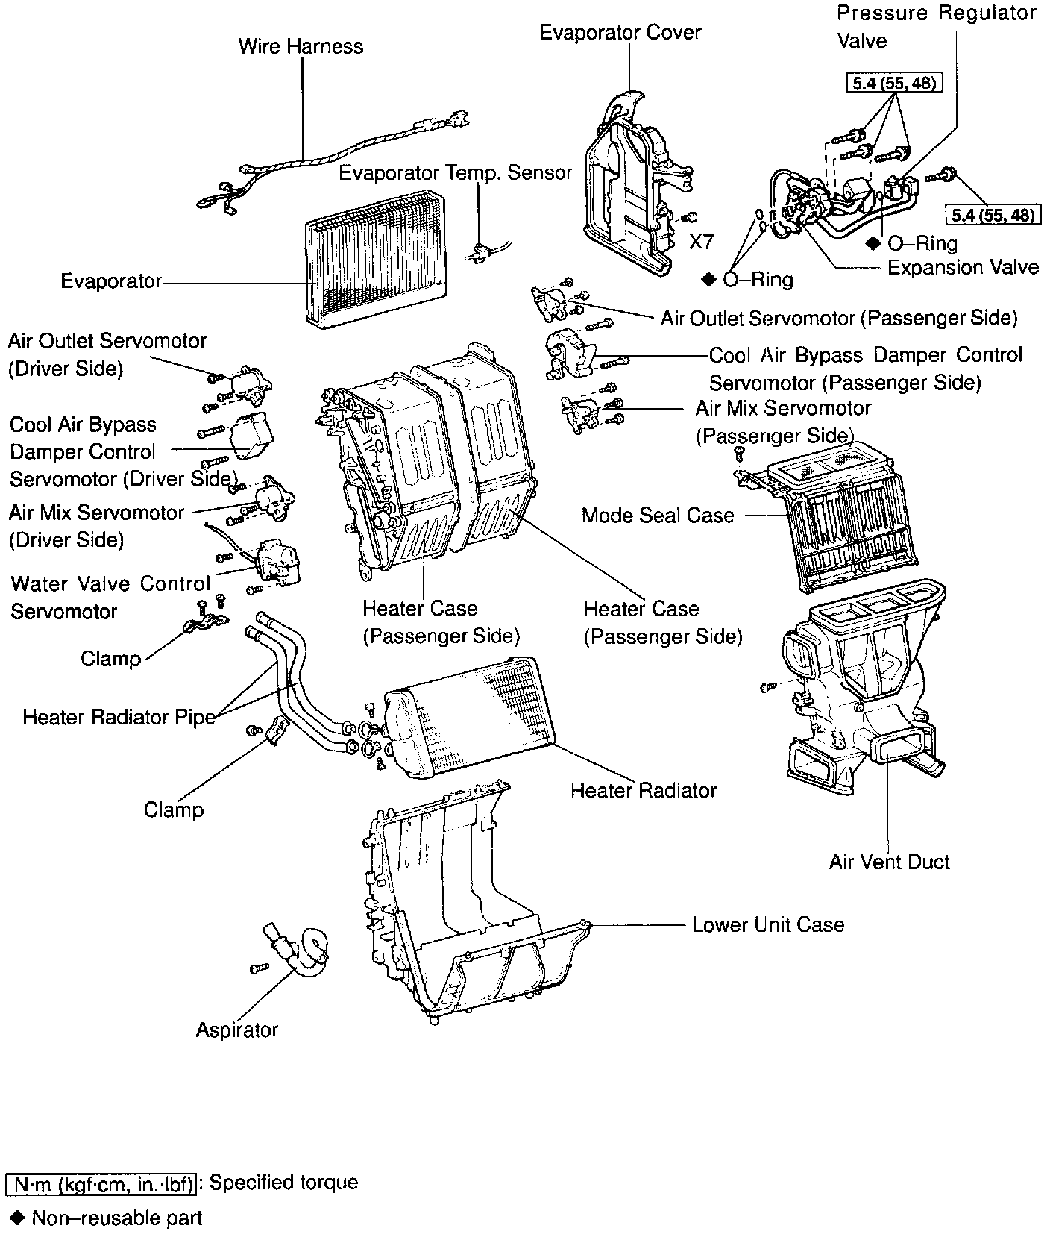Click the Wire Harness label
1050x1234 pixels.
(301, 46)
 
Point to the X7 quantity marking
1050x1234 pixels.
(701, 242)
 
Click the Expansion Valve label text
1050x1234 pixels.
(963, 267)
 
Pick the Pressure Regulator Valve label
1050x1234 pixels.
(936, 26)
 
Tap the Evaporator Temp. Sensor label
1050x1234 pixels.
(455, 172)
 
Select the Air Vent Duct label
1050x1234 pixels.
(889, 862)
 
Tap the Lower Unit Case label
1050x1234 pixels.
(767, 924)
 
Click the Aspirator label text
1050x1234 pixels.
(236, 1030)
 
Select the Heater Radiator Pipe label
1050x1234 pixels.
(119, 717)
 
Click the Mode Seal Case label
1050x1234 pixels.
(657, 515)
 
